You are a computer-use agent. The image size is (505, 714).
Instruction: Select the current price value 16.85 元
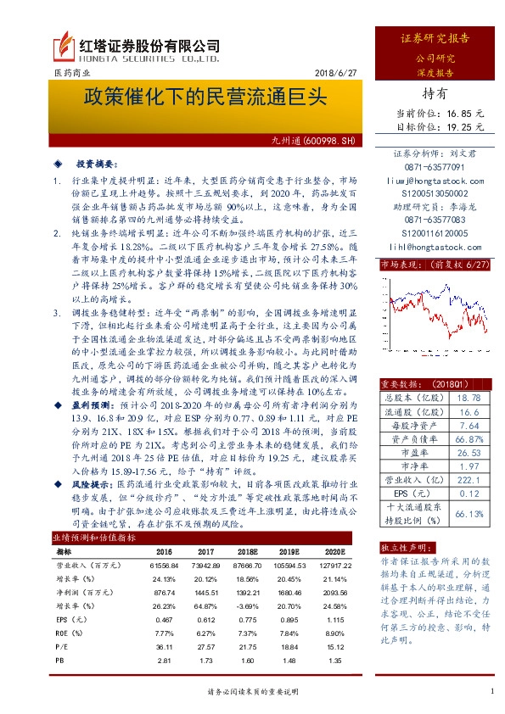(x=465, y=112)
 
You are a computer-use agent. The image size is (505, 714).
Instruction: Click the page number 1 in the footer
(x=492, y=692)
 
